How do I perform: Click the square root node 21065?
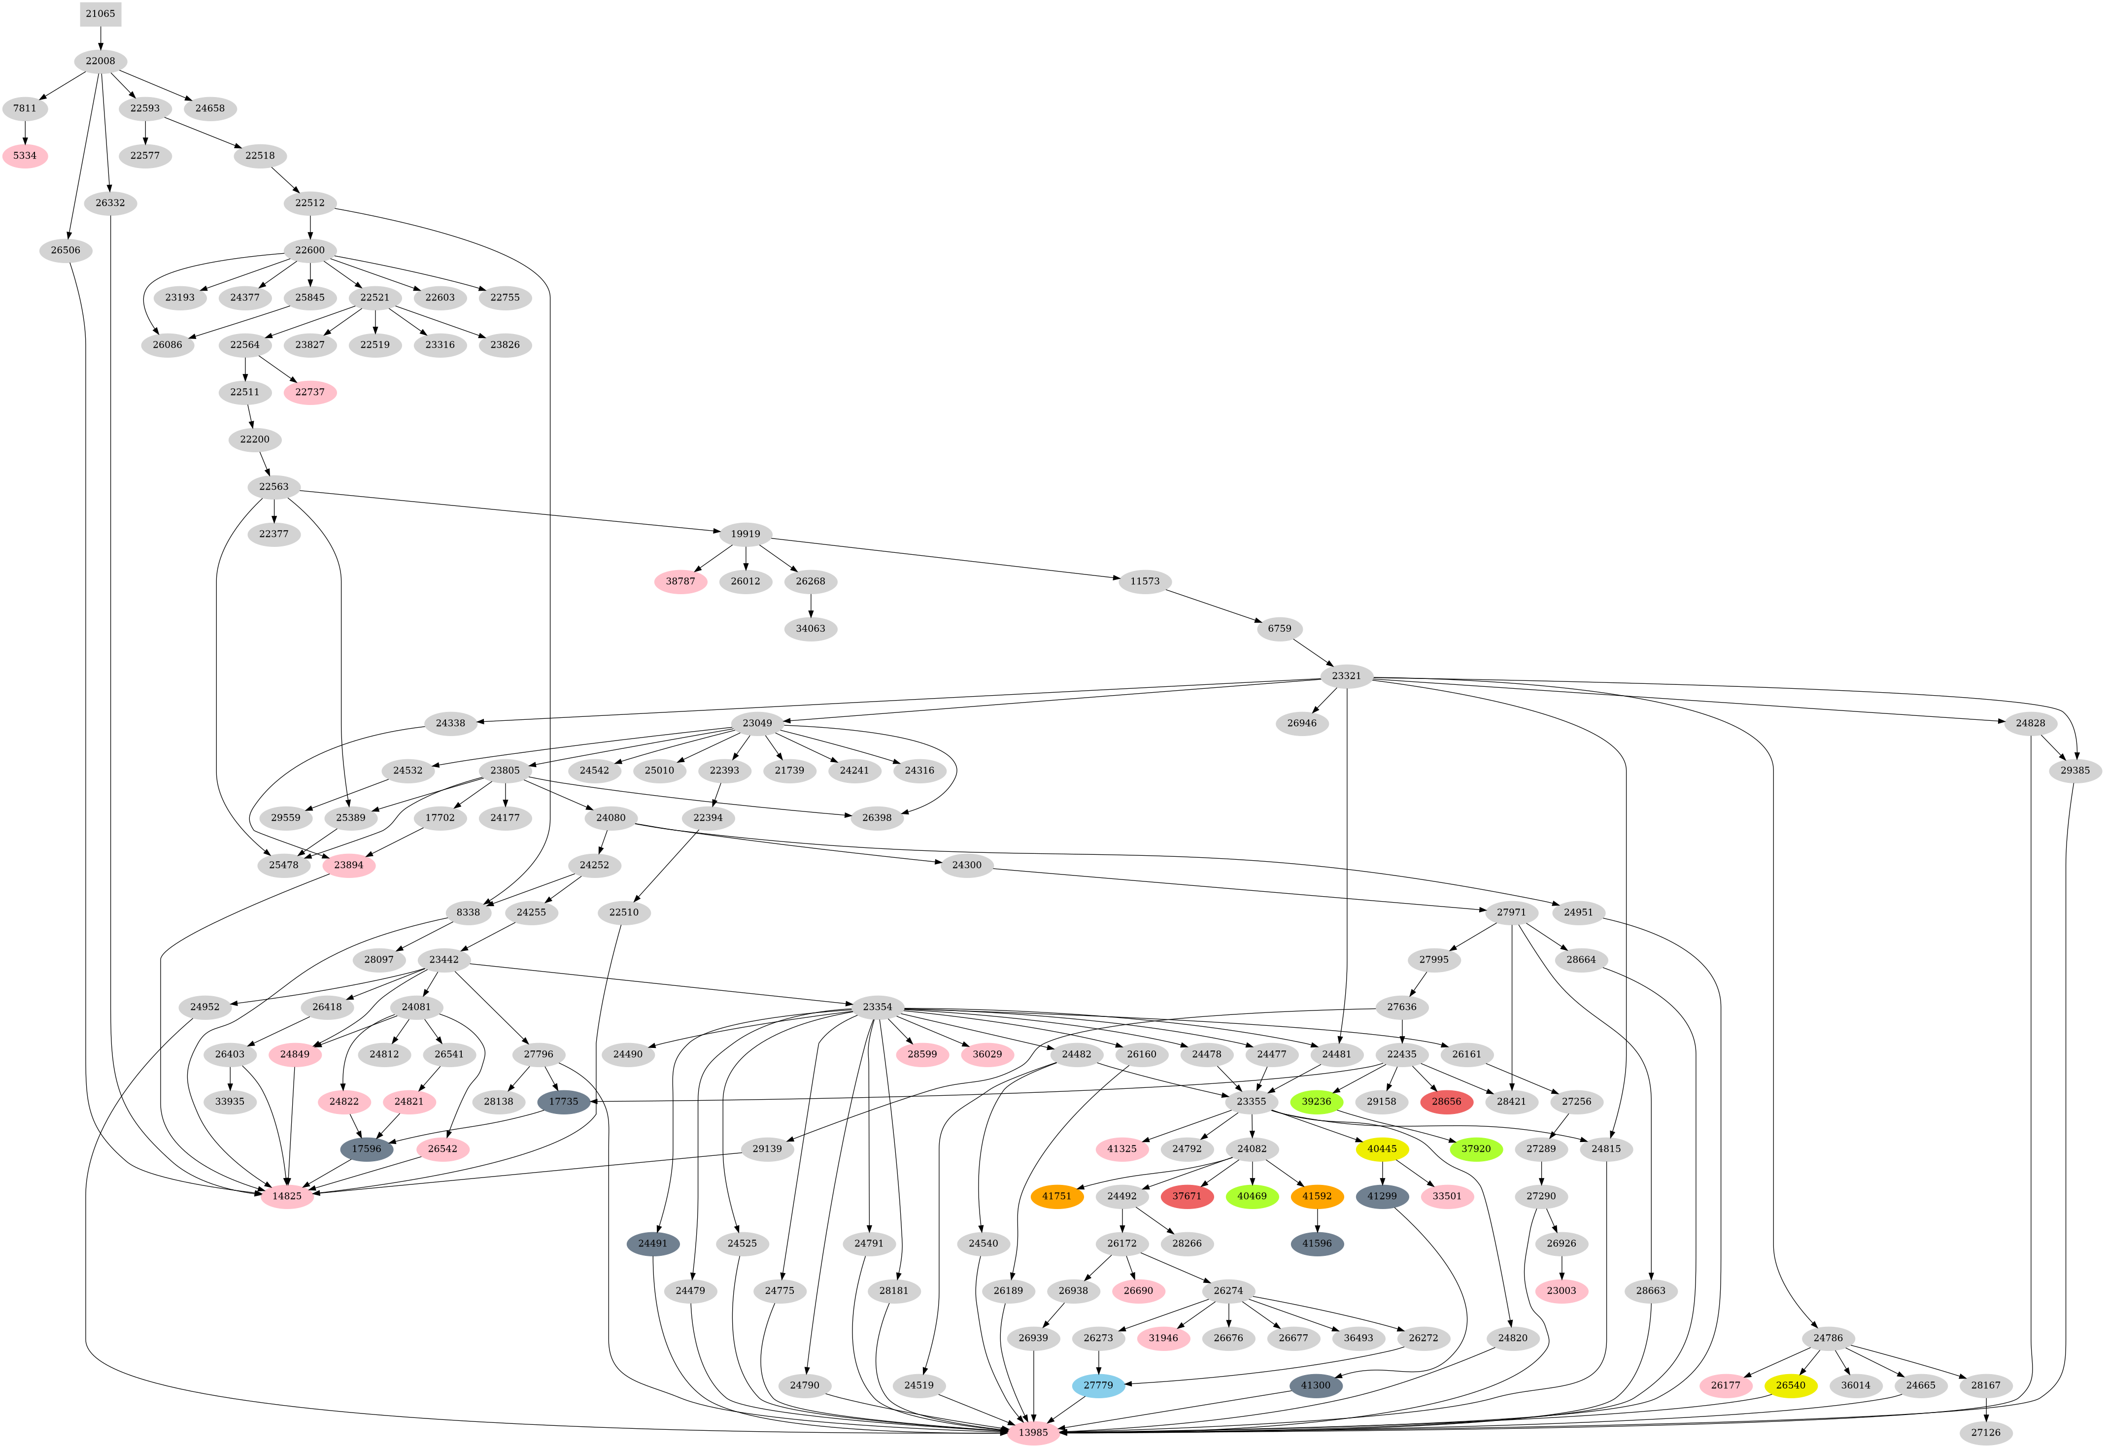100,14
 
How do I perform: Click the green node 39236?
1317,1102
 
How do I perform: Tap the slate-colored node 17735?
563,1102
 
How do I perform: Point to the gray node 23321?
1347,676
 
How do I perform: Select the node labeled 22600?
310,250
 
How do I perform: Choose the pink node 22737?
310,392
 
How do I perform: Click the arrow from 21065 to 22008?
100,37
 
